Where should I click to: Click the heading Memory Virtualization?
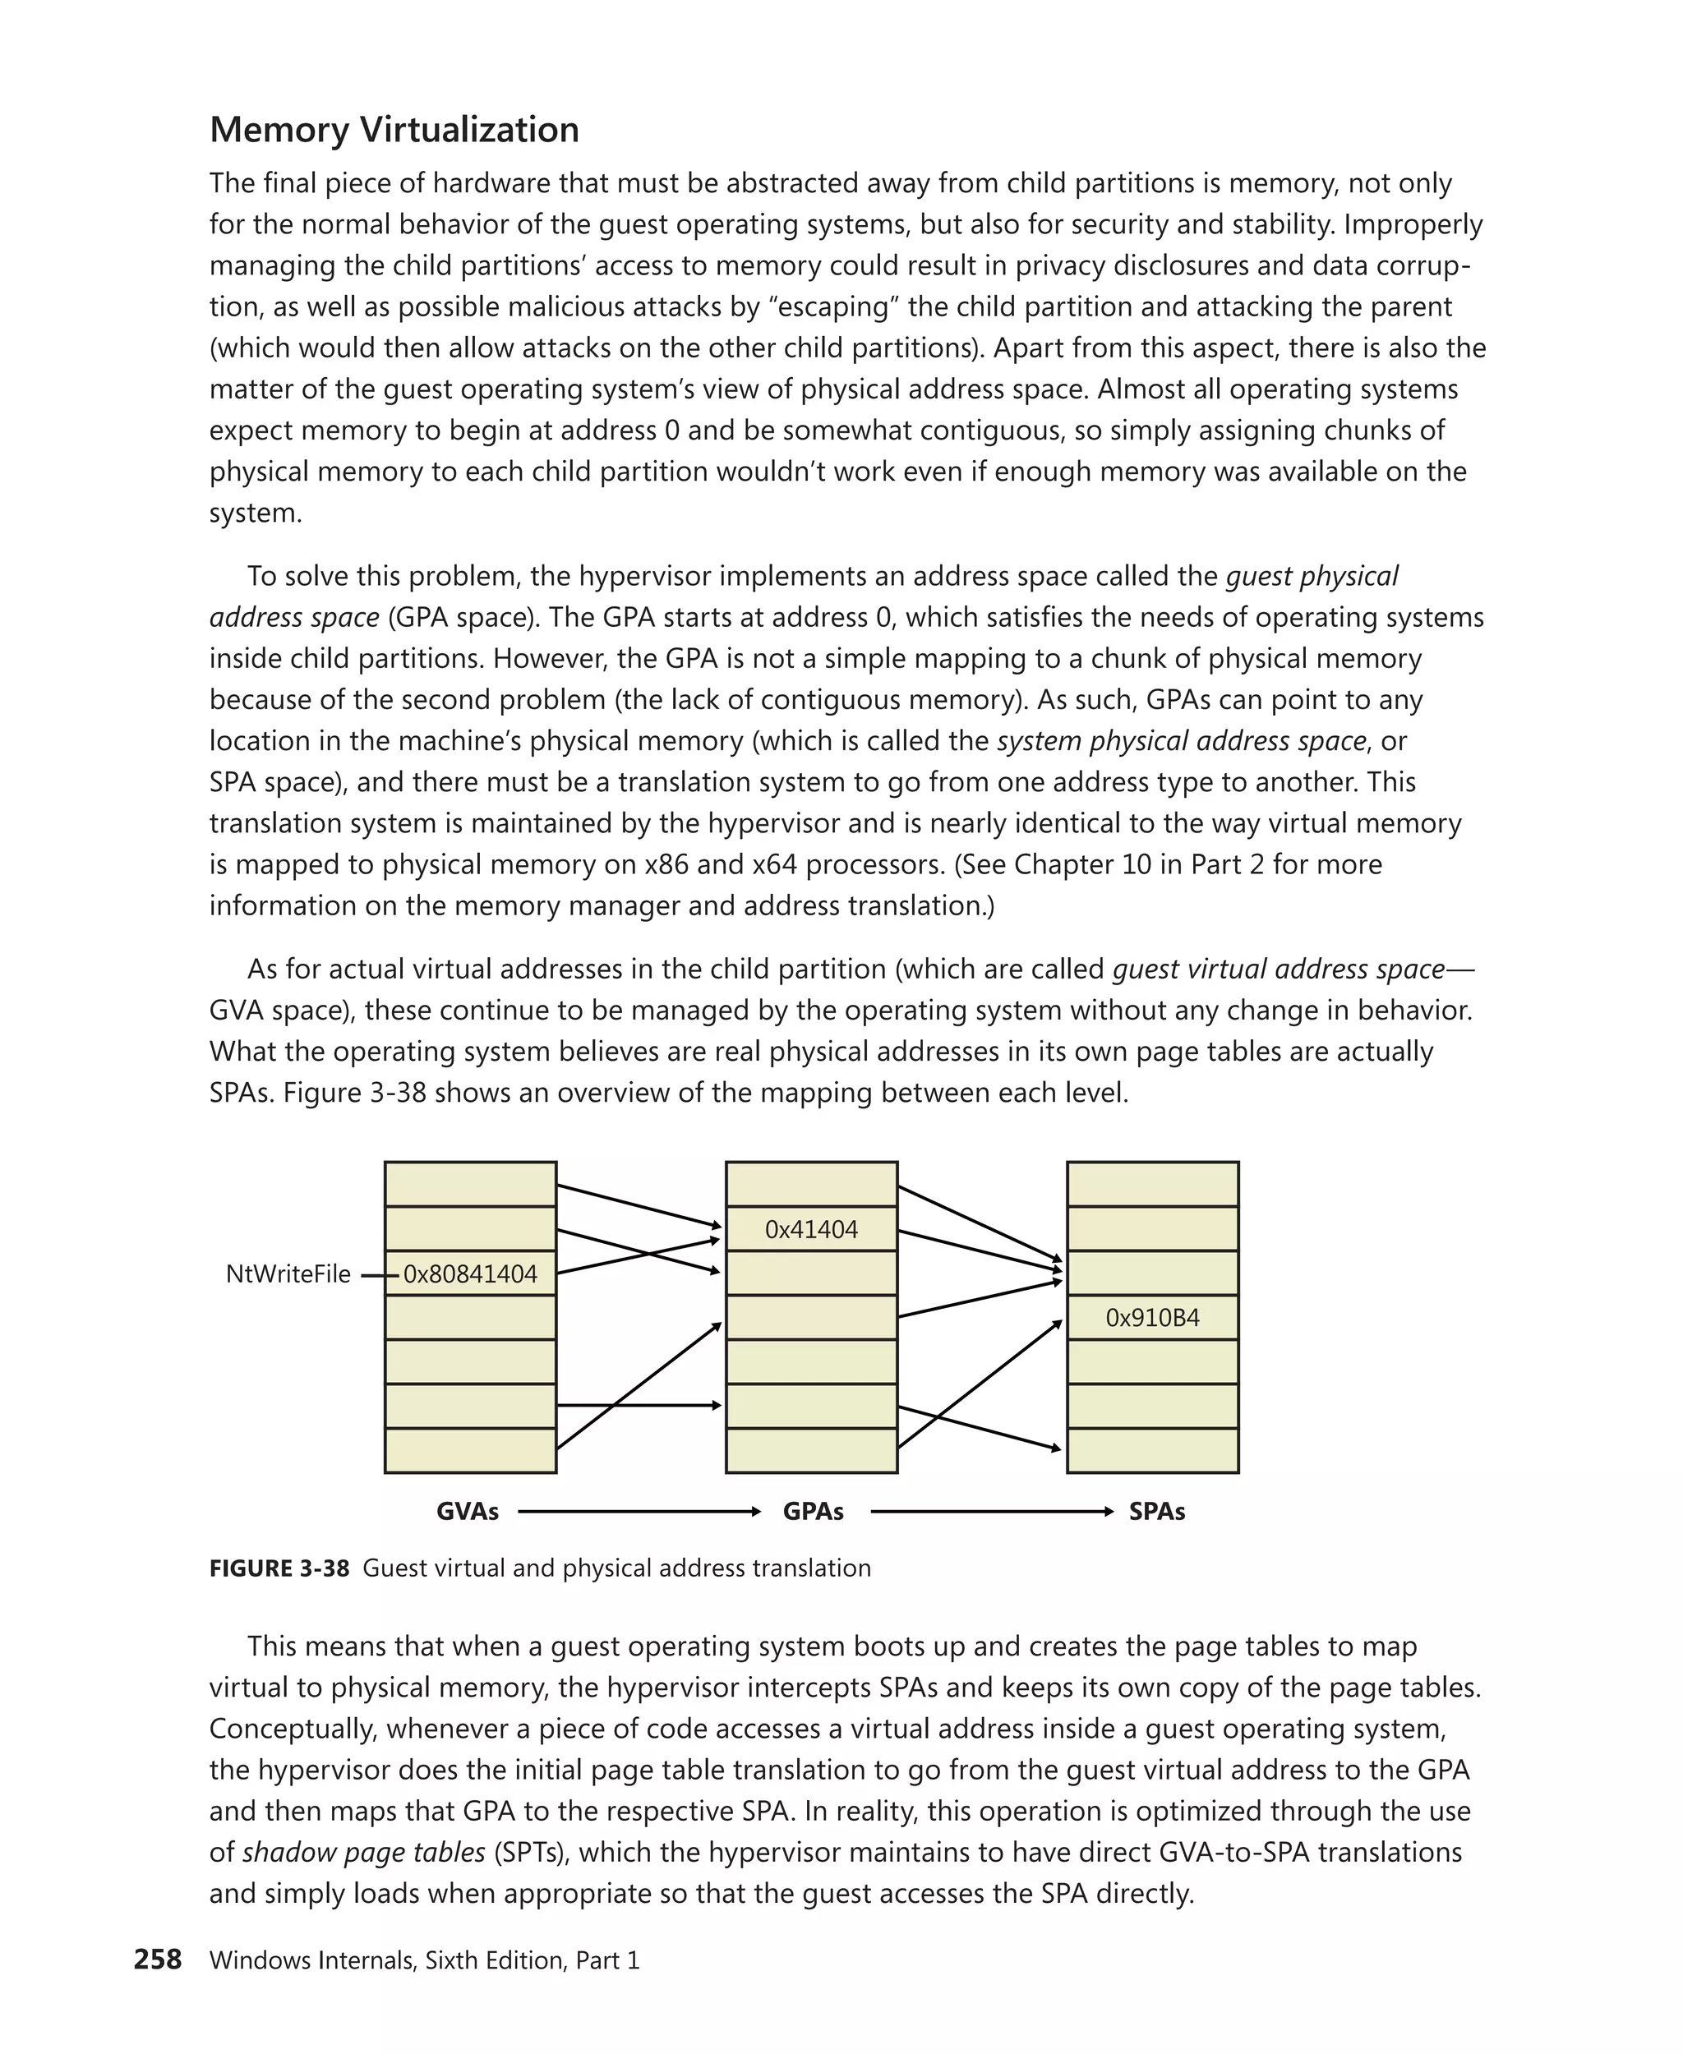(394, 130)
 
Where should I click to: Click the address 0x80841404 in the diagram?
(470, 1273)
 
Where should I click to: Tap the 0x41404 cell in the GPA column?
(811, 1229)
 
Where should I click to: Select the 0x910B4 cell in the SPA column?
(1153, 1317)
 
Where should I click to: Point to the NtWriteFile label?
(288, 1273)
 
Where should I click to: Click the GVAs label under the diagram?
(468, 1511)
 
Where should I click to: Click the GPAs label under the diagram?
(813, 1511)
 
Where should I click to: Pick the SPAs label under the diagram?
(1156, 1511)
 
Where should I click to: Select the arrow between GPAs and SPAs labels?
(992, 1511)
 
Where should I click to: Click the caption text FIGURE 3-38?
(279, 1568)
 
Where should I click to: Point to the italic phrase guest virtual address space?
(1278, 969)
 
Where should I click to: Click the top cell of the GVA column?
(470, 1184)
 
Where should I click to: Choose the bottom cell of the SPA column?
(1153, 1450)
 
